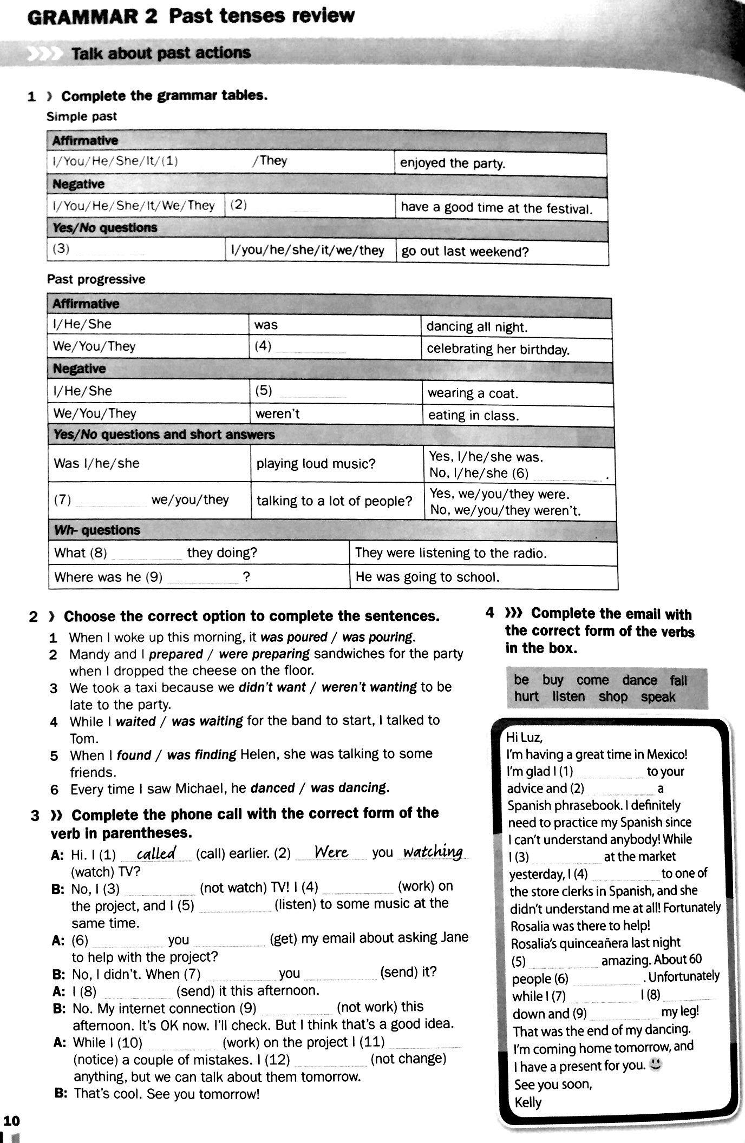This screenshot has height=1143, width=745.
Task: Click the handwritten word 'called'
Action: click(x=156, y=853)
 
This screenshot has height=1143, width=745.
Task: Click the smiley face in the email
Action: click(x=656, y=1065)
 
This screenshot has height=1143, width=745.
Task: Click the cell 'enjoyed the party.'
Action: click(x=453, y=163)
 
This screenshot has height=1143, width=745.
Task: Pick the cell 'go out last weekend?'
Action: click(x=465, y=252)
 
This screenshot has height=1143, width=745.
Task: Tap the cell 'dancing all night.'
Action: click(x=476, y=327)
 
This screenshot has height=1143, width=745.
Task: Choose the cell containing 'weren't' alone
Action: click(x=277, y=414)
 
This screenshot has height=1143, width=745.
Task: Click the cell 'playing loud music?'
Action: click(x=316, y=464)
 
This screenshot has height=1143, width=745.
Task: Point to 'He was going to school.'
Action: click(x=427, y=577)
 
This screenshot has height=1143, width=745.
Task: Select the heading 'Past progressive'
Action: click(x=96, y=279)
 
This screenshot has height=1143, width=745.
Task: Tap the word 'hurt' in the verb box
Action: click(x=526, y=697)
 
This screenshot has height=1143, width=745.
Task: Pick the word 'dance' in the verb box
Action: click(x=639, y=680)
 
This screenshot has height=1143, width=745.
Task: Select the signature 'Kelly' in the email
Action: click(x=528, y=1102)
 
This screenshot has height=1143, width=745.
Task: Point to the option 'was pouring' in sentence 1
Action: click(x=378, y=637)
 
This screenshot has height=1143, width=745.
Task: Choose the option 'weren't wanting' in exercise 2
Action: click(x=369, y=687)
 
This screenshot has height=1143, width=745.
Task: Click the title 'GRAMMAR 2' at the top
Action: click(x=92, y=17)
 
